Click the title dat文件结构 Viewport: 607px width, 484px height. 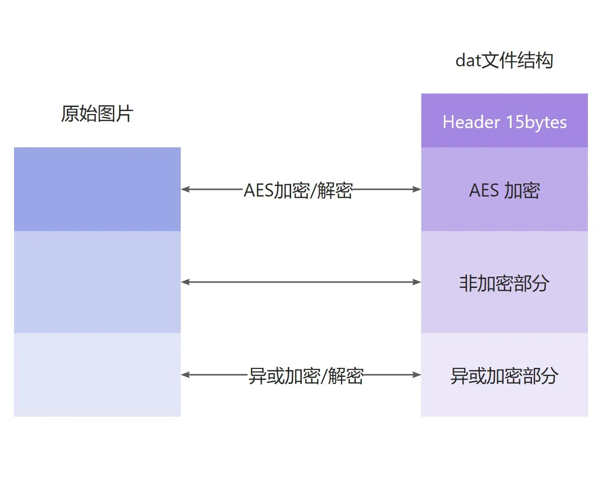click(504, 61)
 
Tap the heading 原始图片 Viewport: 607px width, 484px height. click(97, 114)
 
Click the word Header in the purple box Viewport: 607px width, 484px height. click(471, 122)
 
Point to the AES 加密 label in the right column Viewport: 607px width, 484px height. click(505, 190)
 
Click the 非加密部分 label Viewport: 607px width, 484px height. click(505, 283)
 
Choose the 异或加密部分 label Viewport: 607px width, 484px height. click(505, 375)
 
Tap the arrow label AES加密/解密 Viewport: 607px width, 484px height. click(298, 191)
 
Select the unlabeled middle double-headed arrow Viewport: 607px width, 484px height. click(301, 282)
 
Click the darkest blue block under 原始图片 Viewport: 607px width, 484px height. click(97, 189)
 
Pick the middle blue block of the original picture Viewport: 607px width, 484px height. click(97, 282)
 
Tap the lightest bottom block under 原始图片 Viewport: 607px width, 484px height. click(97, 374)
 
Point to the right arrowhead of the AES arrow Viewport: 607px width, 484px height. click(417, 189)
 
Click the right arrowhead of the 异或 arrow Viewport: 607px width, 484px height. click(417, 374)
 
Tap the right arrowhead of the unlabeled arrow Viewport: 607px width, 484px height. click(417, 282)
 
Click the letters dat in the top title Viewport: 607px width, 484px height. click(468, 61)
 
